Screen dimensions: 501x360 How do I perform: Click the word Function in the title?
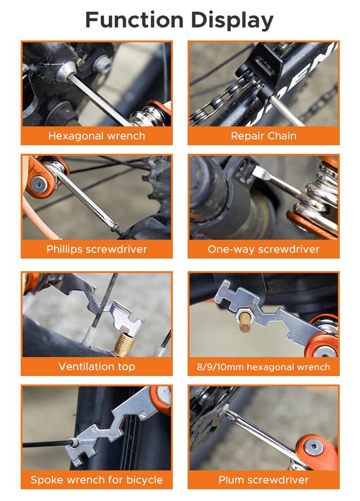[x=135, y=20]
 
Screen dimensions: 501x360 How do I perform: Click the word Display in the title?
[x=232, y=20]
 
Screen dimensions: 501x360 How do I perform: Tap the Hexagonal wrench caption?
[x=97, y=136]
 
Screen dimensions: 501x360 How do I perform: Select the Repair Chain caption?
[x=264, y=136]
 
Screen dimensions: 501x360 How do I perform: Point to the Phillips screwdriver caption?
[x=97, y=249]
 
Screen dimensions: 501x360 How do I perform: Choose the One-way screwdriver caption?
[x=264, y=249]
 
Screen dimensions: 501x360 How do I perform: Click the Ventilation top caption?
[x=97, y=367]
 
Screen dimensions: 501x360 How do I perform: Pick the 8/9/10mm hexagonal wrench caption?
[x=264, y=367]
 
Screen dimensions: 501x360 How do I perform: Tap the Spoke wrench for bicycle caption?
[x=97, y=480]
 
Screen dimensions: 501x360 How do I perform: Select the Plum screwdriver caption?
[x=264, y=480]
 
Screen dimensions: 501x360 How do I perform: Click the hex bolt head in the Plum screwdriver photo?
[x=311, y=447]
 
